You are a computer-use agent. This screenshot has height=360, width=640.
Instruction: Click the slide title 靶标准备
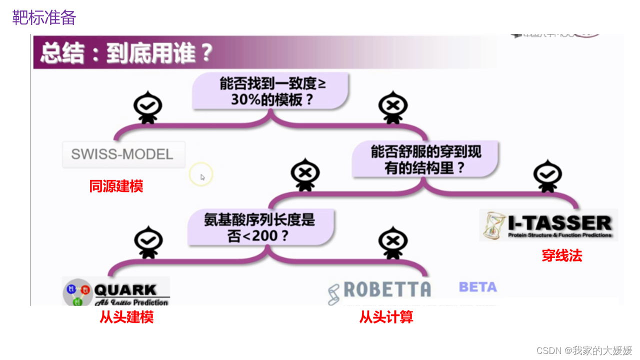pos(44,18)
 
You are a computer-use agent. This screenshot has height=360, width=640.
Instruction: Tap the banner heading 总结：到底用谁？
pos(126,52)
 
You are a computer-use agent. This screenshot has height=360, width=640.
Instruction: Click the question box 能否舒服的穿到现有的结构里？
pos(425,159)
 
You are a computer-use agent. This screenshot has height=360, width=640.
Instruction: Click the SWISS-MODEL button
pos(122,154)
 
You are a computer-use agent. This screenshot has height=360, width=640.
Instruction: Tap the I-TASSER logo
pos(548,225)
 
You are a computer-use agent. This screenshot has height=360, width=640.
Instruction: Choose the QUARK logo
pos(116,291)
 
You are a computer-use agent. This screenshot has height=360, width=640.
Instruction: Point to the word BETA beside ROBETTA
pos(477,287)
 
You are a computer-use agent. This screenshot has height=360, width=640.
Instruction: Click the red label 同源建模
pos(116,186)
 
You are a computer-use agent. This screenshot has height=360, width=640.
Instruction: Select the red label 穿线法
pos(562,256)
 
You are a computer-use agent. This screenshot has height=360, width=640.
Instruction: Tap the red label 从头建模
pos(126,317)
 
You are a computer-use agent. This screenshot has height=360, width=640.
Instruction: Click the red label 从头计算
pos(386,317)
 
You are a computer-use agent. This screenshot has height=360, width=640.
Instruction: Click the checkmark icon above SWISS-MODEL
pos(147,106)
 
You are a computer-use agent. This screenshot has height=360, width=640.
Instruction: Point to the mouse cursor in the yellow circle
pos(202,176)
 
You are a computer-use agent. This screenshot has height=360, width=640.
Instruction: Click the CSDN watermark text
pos(584,350)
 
